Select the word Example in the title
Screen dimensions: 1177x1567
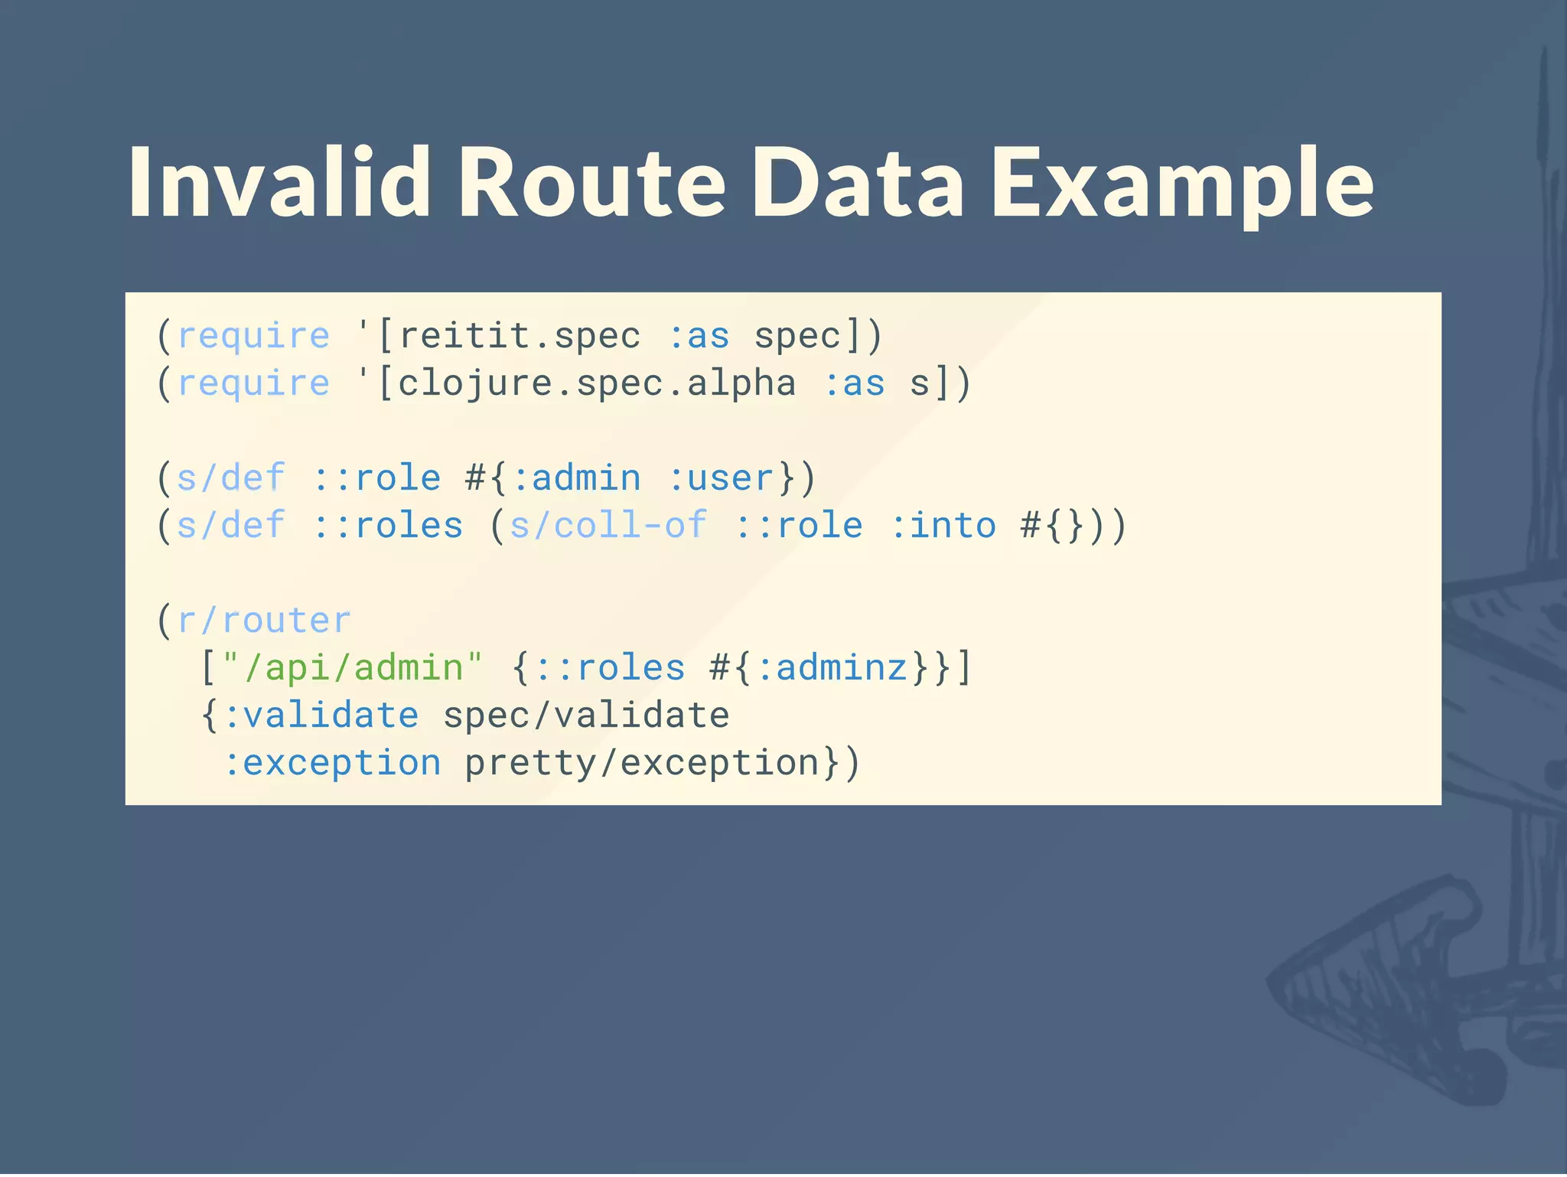coord(1182,184)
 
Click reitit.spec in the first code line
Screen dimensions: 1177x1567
coord(520,336)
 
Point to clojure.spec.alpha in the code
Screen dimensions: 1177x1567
coord(597,383)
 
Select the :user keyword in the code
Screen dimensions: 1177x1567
coord(722,478)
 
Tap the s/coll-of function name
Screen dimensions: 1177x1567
coord(608,526)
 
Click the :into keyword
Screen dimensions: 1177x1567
coord(943,526)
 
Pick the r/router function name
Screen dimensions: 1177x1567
coord(263,621)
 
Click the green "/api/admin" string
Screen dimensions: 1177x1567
coord(353,668)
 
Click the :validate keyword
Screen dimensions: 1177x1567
coord(321,716)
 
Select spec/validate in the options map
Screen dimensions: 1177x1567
coord(586,716)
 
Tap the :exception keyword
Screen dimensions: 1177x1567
coord(332,763)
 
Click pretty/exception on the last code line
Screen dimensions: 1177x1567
coord(642,763)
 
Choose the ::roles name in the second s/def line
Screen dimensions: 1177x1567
coord(388,526)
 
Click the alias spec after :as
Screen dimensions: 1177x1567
coord(797,336)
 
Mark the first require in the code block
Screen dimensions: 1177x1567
coord(253,336)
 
